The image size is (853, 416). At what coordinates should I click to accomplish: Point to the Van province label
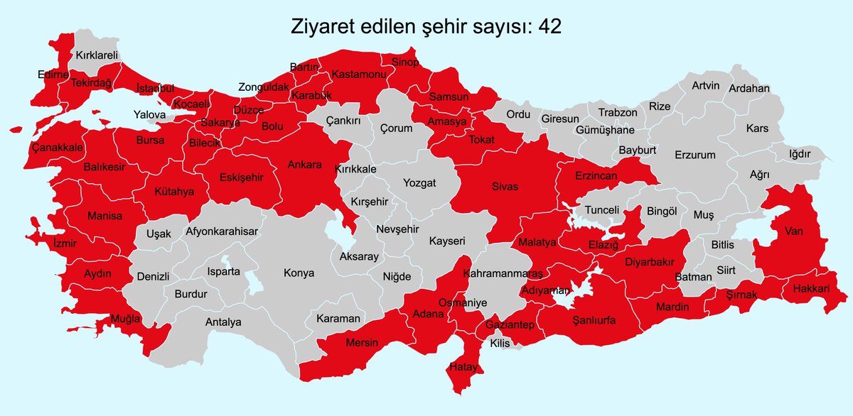(x=793, y=231)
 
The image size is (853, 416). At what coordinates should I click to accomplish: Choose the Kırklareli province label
(x=97, y=55)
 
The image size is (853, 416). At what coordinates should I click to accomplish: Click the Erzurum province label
(x=695, y=155)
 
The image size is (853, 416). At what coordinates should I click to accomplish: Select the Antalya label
(x=223, y=322)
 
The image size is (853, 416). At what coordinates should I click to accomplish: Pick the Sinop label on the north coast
(x=406, y=62)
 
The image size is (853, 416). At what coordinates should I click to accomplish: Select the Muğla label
(x=125, y=319)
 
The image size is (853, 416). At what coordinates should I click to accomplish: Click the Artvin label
(x=706, y=86)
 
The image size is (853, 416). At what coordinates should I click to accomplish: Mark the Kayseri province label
(x=446, y=241)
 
